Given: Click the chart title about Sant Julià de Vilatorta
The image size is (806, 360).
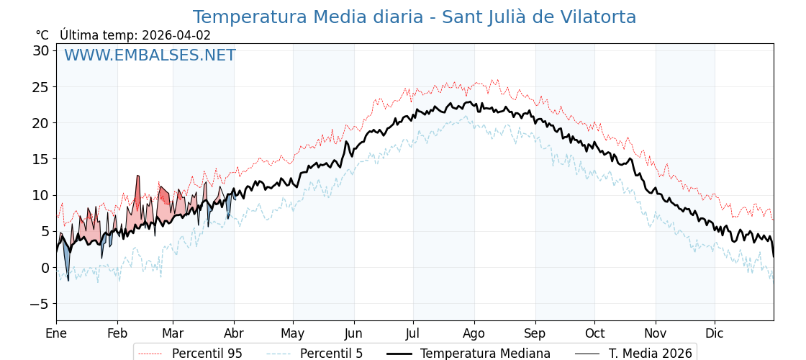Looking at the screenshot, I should click(x=414, y=17).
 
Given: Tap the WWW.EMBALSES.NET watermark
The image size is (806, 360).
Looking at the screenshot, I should click(x=150, y=55).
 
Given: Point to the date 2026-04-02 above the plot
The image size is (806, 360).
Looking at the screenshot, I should click(x=176, y=35).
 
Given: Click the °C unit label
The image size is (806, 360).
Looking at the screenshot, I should click(x=42, y=35).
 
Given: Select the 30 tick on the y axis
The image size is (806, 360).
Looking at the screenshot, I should click(x=40, y=50).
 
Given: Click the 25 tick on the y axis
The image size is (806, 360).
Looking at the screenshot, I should click(x=40, y=87).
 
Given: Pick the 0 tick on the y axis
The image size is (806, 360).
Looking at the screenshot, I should click(x=45, y=268).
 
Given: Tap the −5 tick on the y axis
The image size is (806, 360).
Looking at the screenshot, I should click(x=39, y=304).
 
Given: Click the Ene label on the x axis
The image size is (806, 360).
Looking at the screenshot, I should click(x=56, y=333).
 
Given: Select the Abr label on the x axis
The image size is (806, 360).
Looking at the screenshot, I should click(x=234, y=333).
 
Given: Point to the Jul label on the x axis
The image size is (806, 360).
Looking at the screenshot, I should click(x=413, y=333).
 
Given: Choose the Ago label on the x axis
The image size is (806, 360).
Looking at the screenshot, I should click(x=474, y=333).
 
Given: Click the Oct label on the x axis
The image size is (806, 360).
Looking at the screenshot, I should click(x=594, y=333).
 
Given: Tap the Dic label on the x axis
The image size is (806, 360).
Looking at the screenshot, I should click(x=715, y=333).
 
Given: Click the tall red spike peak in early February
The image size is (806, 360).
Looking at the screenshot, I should click(x=137, y=176).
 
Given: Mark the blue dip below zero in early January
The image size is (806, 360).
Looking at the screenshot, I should click(x=68, y=279).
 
